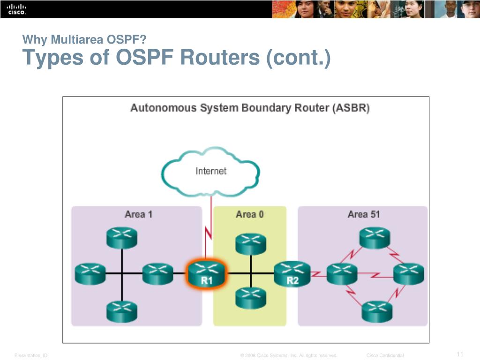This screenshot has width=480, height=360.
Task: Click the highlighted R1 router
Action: pyautogui.click(x=207, y=275)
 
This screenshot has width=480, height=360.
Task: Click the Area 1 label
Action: pyautogui.click(x=138, y=214)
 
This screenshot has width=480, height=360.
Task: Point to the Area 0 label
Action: pyautogui.click(x=249, y=214)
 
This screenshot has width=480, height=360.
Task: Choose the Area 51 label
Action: pyautogui.click(x=363, y=214)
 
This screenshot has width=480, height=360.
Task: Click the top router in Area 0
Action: pyautogui.click(x=250, y=243)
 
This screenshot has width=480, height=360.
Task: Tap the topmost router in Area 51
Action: pyautogui.click(x=375, y=238)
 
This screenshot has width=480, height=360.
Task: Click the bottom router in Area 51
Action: pyautogui.click(x=377, y=310)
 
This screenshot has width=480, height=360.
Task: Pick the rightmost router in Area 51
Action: pyautogui.click(x=408, y=273)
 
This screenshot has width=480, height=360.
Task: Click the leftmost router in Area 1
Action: pyautogui.click(x=90, y=273)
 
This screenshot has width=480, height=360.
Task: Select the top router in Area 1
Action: pyautogui.click(x=121, y=238)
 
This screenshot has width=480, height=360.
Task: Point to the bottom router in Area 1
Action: pyautogui.click(x=121, y=311)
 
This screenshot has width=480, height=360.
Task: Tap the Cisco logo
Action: pyautogui.click(x=16, y=9)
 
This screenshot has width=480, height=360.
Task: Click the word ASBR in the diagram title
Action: pyautogui.click(x=351, y=108)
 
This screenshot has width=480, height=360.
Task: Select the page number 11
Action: pyautogui.click(x=459, y=354)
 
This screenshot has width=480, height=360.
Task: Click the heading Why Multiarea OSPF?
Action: pyautogui.click(x=81, y=39)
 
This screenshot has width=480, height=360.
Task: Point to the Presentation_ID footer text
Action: pyautogui.click(x=31, y=356)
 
